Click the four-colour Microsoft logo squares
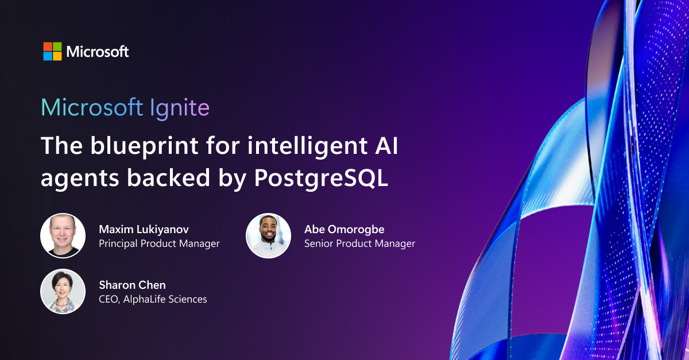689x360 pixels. pos(52,51)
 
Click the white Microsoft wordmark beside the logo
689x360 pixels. pos(98,51)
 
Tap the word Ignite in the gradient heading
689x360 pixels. pos(180,107)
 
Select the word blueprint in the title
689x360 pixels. pos(144,146)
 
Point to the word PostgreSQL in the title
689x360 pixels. pos(321,179)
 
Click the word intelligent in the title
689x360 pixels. pos(307,146)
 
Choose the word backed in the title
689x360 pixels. pos(168,178)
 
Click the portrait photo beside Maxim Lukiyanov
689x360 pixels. pos(63,235)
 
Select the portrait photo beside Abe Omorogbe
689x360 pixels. pos(268,235)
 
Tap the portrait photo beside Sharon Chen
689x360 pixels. pos(63,291)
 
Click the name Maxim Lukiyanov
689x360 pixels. pos(144,230)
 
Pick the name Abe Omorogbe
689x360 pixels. pos(344,230)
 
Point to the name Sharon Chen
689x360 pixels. pos(132,285)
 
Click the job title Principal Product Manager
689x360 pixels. pos(159,243)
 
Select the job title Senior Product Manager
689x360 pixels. pos(359,243)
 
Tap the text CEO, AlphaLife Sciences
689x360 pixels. pos(153,299)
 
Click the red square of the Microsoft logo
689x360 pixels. pos(48,47)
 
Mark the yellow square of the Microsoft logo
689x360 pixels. pos(57,56)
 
